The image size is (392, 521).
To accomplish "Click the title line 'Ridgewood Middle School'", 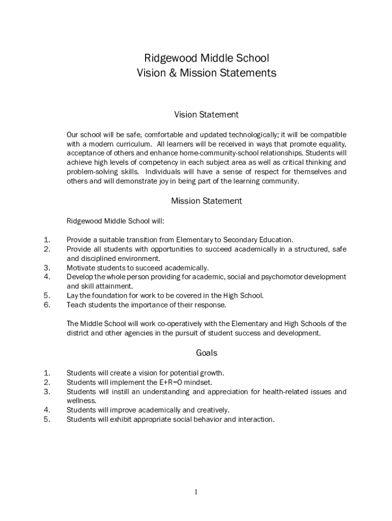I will [206, 58].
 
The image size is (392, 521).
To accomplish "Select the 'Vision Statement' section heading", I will [206, 114].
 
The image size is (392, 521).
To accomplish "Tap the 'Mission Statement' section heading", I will [206, 201].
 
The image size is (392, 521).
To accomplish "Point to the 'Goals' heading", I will [206, 353].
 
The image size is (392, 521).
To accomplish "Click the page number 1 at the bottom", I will [196, 492].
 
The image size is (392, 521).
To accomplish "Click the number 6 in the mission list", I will [47, 305].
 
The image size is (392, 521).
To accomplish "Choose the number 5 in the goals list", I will [47, 419].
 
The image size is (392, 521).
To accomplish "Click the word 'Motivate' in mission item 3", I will [80, 268].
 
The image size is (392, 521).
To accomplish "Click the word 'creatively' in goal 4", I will [213, 410].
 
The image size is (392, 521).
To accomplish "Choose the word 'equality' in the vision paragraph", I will [330, 144].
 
